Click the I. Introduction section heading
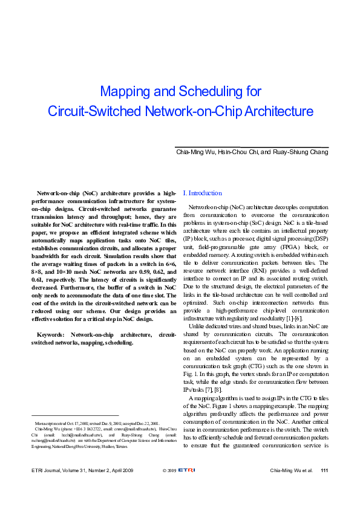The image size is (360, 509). tap(203, 193)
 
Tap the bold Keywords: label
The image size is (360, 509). tap(53, 334)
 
